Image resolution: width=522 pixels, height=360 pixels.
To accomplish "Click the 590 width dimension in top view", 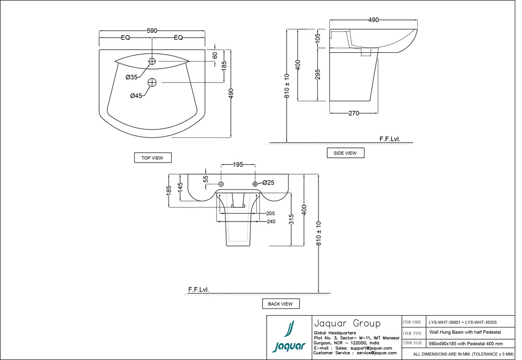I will click(152, 31).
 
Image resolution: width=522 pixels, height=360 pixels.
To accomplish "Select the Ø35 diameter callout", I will click(132, 77).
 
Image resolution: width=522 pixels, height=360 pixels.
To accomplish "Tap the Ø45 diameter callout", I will click(136, 96).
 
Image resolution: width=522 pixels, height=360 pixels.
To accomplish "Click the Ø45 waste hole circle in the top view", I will click(152, 82).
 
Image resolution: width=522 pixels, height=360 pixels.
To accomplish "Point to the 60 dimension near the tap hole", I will click(215, 55).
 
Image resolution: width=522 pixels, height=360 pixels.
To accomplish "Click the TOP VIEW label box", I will click(152, 158).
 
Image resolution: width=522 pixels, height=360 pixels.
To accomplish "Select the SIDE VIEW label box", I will click(345, 153).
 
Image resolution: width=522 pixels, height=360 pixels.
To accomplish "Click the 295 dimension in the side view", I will click(317, 75).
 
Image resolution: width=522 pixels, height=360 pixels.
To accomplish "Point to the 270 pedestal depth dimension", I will click(353, 112).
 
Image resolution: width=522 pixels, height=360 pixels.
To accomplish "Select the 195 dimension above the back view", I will click(238, 165).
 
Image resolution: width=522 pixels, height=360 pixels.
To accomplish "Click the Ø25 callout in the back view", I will click(268, 183).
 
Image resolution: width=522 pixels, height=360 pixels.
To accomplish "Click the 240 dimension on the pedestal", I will click(270, 221).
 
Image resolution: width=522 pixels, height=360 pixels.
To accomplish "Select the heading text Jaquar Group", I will click(346, 323).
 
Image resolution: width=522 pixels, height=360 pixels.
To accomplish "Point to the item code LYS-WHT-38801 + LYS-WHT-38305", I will click(462, 322).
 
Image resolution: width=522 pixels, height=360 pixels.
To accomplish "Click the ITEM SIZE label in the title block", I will click(412, 343).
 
